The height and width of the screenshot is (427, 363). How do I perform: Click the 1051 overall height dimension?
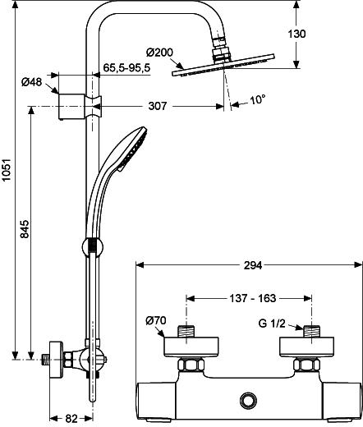click(6, 169)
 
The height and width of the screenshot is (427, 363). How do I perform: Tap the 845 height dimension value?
click(25, 228)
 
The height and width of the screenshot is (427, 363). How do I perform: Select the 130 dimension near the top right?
click(296, 34)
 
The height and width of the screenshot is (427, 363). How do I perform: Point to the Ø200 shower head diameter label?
click(159, 52)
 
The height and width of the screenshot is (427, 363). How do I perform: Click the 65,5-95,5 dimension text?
click(127, 67)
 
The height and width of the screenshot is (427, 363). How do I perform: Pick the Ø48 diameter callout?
click(32, 81)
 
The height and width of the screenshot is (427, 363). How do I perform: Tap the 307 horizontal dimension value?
click(158, 106)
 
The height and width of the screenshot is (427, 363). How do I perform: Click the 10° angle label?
click(258, 99)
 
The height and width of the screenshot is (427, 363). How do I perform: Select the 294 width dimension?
click(253, 265)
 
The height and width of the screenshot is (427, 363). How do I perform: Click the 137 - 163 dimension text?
click(252, 298)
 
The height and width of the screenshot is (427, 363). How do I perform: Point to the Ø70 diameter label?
click(156, 320)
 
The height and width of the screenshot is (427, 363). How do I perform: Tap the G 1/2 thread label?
click(272, 324)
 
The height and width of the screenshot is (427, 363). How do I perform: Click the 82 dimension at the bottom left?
click(71, 419)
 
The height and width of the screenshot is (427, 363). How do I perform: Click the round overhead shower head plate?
click(223, 65)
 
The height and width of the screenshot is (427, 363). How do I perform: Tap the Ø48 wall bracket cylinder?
click(71, 107)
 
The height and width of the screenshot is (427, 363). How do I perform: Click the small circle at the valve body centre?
click(248, 400)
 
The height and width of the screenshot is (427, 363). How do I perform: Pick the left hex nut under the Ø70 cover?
click(191, 365)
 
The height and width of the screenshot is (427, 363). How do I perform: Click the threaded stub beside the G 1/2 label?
click(312, 331)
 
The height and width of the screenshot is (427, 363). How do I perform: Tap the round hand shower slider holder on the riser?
click(93, 246)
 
